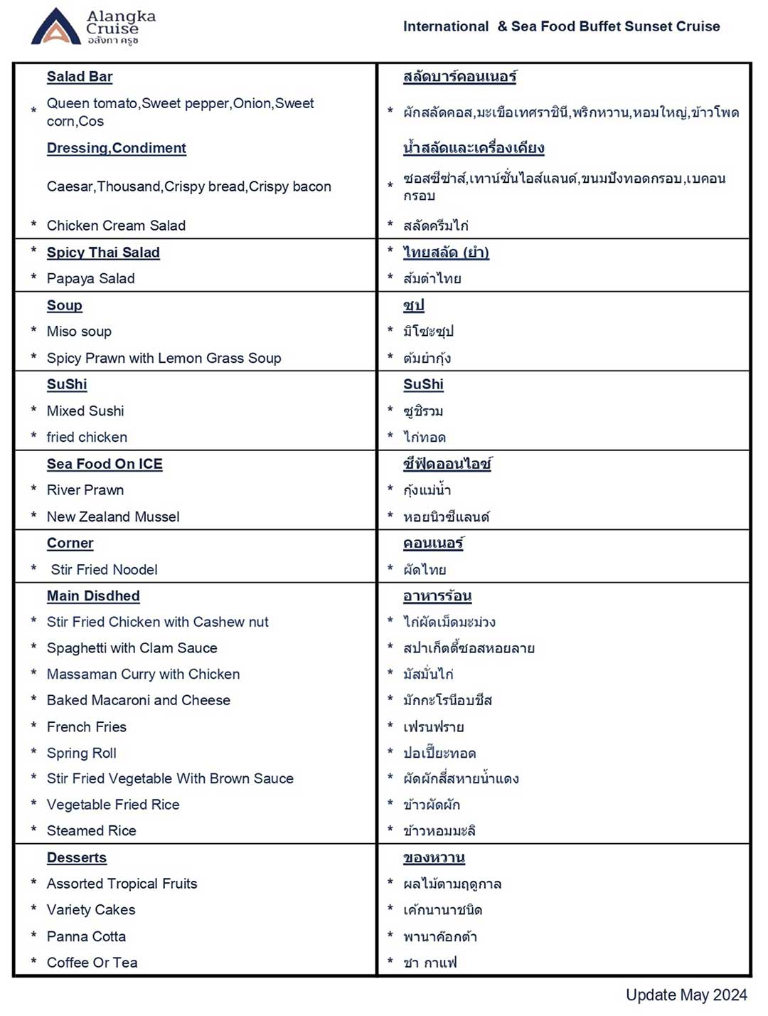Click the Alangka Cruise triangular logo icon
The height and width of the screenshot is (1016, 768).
click(x=55, y=28)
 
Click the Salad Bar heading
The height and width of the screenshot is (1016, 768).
click(x=80, y=77)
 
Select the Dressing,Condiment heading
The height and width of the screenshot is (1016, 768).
click(x=116, y=148)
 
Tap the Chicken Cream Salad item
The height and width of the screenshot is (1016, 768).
click(x=116, y=226)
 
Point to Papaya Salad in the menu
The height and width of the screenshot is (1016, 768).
click(x=90, y=279)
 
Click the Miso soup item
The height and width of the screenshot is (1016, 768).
click(x=79, y=332)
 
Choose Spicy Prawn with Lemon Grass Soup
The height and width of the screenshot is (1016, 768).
click(x=164, y=359)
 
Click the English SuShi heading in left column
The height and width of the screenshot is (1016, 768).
click(x=67, y=385)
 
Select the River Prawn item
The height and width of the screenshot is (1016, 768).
click(x=85, y=490)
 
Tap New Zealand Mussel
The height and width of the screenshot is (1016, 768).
click(x=113, y=517)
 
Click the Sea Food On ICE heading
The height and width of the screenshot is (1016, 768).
click(x=105, y=465)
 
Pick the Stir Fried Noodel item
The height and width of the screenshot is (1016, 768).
click(x=104, y=570)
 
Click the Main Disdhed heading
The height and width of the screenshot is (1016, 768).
click(x=93, y=596)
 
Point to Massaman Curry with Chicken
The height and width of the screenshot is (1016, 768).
click(x=143, y=674)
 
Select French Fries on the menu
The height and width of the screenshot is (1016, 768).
click(x=87, y=727)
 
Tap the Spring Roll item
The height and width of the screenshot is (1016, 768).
click(x=82, y=753)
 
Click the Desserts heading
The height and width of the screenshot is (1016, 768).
click(x=77, y=858)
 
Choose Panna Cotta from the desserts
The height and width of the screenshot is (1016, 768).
click(x=86, y=937)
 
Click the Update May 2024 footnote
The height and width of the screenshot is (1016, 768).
click(x=686, y=995)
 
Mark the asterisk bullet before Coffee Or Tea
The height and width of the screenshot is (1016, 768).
click(x=33, y=961)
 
